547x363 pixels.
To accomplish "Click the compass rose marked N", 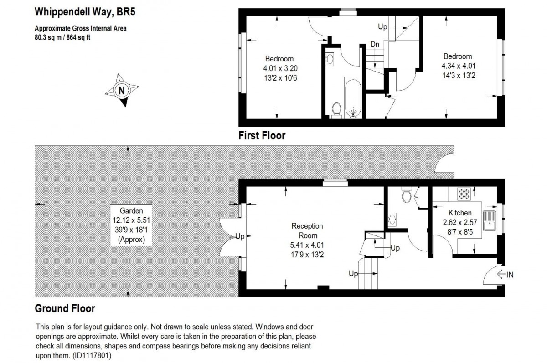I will click(x=122, y=90).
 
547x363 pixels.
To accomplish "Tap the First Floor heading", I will click(x=262, y=135).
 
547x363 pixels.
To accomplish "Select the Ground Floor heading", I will click(x=65, y=308).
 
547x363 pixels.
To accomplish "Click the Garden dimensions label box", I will click(x=131, y=225).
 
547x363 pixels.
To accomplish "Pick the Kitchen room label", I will click(x=460, y=213).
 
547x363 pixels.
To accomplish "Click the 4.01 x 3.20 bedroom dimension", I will click(x=279, y=68).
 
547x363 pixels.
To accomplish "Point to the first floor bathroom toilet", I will click(x=337, y=109).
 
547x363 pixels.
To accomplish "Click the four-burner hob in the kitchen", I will click(x=464, y=194).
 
